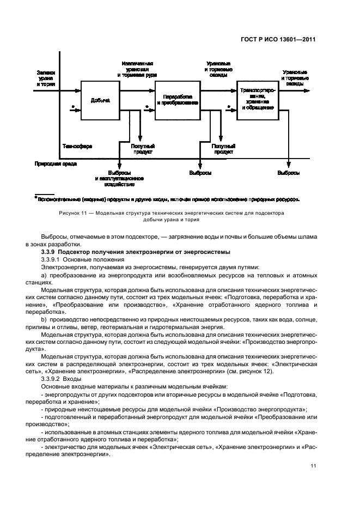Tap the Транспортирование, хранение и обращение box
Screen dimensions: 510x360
(x=256, y=100)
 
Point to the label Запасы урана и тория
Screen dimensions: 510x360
(x=46, y=78)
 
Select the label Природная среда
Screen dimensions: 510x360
(x=56, y=163)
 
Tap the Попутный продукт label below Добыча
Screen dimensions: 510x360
(x=143, y=149)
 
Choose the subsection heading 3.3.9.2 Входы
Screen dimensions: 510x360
(x=62, y=378)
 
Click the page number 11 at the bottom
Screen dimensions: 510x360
(x=313, y=466)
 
